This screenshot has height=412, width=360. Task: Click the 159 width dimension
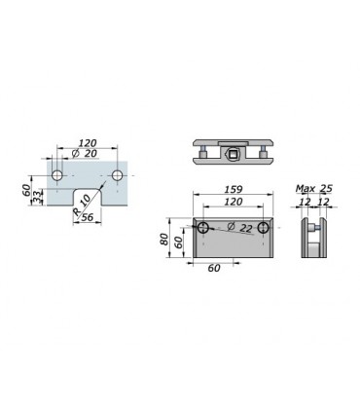234,189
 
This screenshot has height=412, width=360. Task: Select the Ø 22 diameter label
240,227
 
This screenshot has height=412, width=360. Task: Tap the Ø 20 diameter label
85,153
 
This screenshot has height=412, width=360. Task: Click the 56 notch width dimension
87,217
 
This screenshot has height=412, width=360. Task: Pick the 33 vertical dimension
38,197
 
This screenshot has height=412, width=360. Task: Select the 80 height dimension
164,240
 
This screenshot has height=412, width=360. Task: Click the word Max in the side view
306,188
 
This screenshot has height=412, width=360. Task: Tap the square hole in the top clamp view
233,153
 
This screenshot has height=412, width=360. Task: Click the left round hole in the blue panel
57,175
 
